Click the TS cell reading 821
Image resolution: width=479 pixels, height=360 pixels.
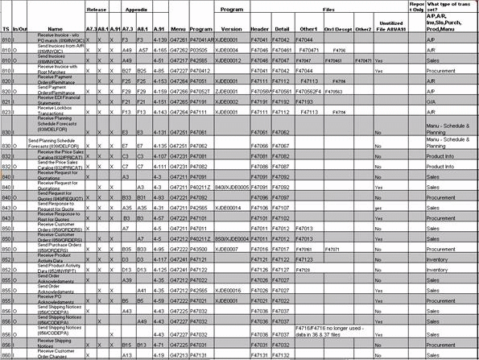coord(6,101)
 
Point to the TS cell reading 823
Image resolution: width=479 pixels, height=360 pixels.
coord(6,112)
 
